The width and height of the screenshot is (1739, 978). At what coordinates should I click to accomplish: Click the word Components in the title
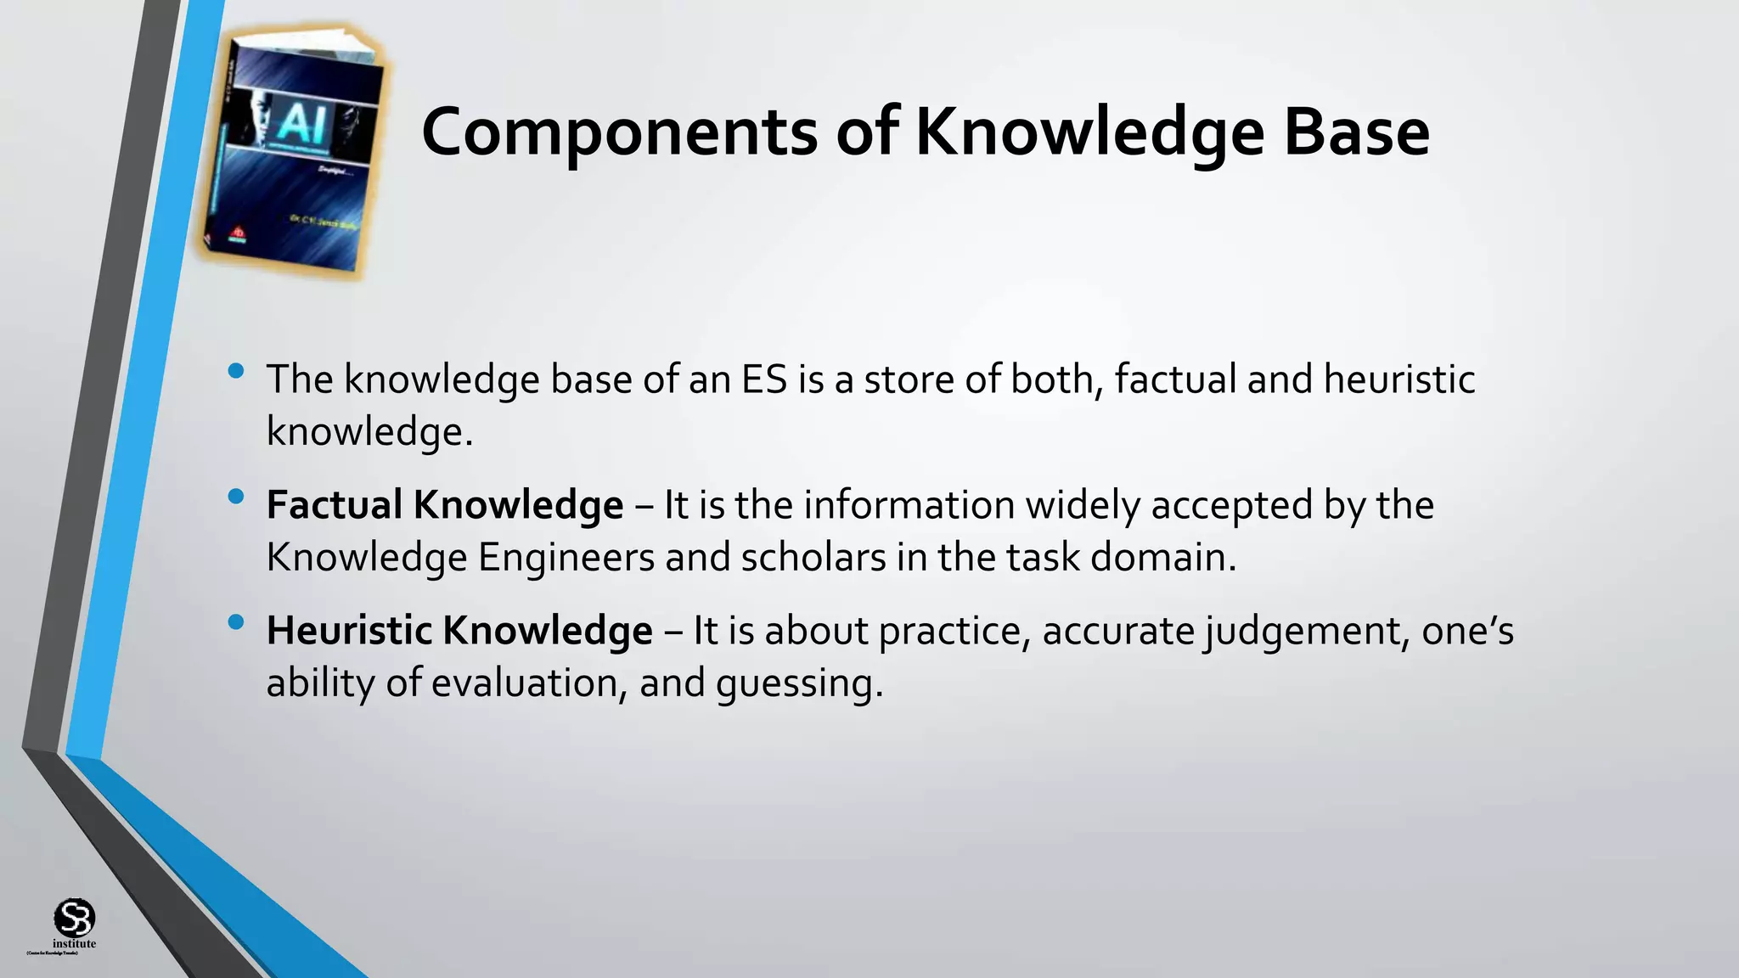pos(618,133)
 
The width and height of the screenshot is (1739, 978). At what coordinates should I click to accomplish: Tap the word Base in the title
pos(1356,133)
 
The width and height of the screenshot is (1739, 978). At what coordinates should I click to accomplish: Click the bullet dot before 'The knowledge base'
pos(236,371)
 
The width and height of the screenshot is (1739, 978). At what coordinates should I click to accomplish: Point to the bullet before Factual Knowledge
pos(236,497)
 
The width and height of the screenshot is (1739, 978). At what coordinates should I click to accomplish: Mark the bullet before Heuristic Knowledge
pos(236,622)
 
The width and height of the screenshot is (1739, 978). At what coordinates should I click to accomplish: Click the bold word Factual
pos(334,505)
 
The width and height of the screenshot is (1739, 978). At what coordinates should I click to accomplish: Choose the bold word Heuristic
pos(349,631)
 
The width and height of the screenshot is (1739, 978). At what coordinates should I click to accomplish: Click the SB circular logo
pos(74,918)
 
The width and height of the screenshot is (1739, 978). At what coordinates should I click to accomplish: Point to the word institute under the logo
pos(75,944)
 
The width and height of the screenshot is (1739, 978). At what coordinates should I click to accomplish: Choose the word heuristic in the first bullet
pos(1399,379)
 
